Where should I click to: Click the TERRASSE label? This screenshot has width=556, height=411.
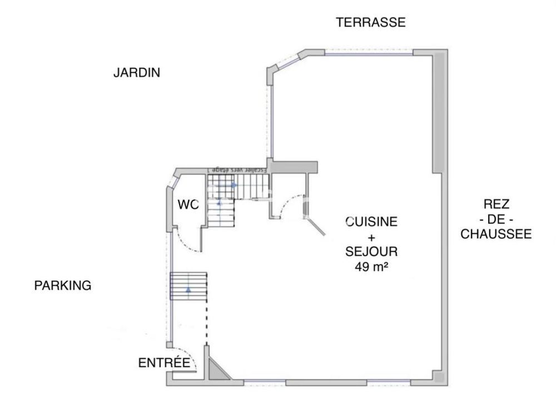click(x=371, y=22)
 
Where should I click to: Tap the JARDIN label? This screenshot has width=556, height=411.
click(x=137, y=72)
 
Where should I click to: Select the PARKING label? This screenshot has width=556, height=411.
click(x=62, y=285)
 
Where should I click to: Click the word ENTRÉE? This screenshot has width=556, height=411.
click(x=163, y=363)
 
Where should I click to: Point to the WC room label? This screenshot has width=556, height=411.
click(x=188, y=205)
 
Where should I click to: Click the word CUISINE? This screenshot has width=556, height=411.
click(x=371, y=222)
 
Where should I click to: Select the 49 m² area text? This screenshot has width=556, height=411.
click(x=371, y=266)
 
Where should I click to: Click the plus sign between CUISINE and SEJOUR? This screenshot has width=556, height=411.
click(x=371, y=237)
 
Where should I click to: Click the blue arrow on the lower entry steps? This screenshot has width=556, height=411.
click(x=188, y=289)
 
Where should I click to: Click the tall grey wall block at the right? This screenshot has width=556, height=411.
click(x=439, y=111)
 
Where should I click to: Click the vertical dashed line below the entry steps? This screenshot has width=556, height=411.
click(x=207, y=323)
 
